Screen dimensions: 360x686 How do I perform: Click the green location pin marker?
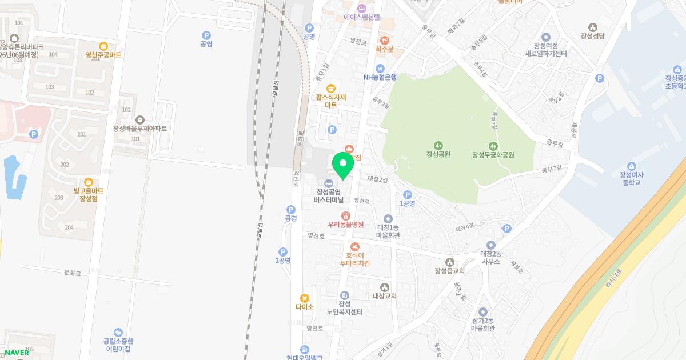343,166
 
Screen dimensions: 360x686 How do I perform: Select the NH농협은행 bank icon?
380,68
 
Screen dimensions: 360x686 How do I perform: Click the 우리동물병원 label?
345,225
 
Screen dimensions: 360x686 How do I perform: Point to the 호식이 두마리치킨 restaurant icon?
354,246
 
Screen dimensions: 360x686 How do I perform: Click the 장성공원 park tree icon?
438,145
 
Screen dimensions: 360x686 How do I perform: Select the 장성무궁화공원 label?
493,155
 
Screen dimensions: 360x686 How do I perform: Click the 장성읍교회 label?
449,271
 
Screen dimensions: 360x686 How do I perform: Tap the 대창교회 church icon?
385,287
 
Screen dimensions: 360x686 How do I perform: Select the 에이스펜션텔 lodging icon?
362,8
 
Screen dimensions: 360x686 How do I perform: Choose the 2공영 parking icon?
282,251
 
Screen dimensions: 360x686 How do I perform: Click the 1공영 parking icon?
407,194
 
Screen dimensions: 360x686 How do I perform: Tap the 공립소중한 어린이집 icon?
118,333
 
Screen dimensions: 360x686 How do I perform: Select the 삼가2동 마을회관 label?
482,325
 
